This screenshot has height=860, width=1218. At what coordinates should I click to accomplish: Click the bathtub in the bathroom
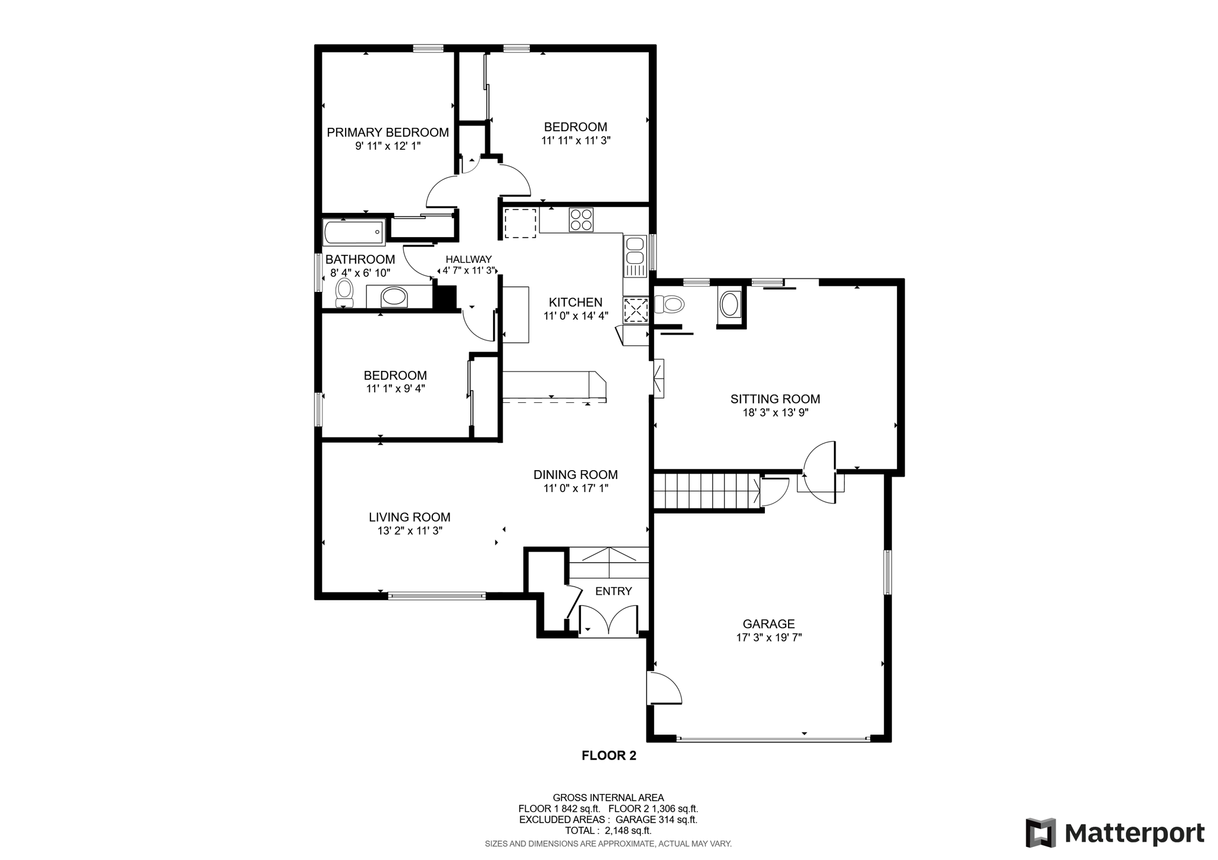click(354, 232)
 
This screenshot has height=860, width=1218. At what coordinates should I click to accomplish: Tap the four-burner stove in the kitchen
click(581, 219)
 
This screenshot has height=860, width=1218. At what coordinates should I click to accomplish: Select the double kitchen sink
click(635, 256)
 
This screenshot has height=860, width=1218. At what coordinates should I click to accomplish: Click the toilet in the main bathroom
click(344, 294)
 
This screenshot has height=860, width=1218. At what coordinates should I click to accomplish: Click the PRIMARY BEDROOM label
click(388, 132)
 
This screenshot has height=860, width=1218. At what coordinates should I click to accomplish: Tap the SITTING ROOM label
click(775, 399)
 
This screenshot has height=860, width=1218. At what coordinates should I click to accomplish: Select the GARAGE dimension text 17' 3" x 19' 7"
click(769, 637)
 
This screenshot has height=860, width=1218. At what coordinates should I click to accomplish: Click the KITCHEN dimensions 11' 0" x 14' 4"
click(576, 316)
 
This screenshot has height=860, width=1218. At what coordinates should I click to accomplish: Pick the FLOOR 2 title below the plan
click(609, 755)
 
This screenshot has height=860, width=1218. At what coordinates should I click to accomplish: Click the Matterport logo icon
click(1041, 833)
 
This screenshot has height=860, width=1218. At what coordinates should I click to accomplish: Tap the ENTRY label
click(613, 591)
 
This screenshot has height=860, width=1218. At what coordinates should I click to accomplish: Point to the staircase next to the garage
click(708, 491)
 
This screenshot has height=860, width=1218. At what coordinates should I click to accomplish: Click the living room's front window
click(437, 596)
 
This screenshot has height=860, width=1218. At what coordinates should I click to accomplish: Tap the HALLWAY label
click(469, 259)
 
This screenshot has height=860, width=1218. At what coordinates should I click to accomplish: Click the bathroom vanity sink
click(394, 296)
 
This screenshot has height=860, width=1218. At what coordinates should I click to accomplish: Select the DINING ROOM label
click(575, 474)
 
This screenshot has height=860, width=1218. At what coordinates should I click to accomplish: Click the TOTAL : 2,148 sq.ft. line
click(608, 830)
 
